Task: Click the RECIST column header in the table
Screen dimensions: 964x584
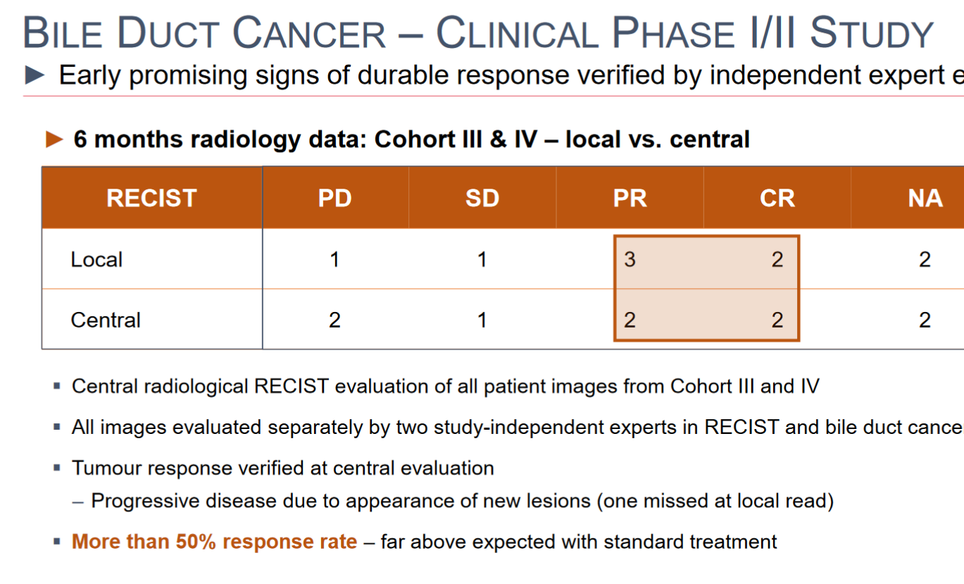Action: pyautogui.click(x=151, y=198)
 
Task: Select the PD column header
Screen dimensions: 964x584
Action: pyautogui.click(x=334, y=198)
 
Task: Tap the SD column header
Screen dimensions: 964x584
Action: pyautogui.click(x=482, y=198)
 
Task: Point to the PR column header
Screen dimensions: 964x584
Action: pyautogui.click(x=630, y=198)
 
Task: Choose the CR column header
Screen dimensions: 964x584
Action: pyautogui.click(x=777, y=198)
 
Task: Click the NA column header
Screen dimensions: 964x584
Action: pyautogui.click(x=925, y=198)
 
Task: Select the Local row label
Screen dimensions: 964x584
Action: pyautogui.click(x=97, y=259)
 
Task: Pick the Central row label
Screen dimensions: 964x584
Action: pyautogui.click(x=106, y=320)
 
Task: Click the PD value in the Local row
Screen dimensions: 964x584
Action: pyautogui.click(x=334, y=259)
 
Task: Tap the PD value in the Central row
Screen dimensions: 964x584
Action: pyautogui.click(x=334, y=320)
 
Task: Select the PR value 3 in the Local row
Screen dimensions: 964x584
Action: pyautogui.click(x=630, y=259)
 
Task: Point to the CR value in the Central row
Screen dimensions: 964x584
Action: pyautogui.click(x=777, y=320)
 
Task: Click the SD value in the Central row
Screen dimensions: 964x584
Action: pyautogui.click(x=482, y=320)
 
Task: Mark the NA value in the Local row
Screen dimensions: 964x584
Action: pyautogui.click(x=925, y=259)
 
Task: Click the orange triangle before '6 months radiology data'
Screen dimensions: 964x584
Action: pyautogui.click(x=54, y=139)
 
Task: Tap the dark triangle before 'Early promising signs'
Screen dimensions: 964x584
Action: pyautogui.click(x=35, y=75)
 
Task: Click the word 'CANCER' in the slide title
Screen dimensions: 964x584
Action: pyautogui.click(x=309, y=32)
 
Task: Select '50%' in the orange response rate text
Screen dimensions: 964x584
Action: pyautogui.click(x=196, y=541)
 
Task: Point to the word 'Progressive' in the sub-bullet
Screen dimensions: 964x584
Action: pyautogui.click(x=145, y=501)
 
